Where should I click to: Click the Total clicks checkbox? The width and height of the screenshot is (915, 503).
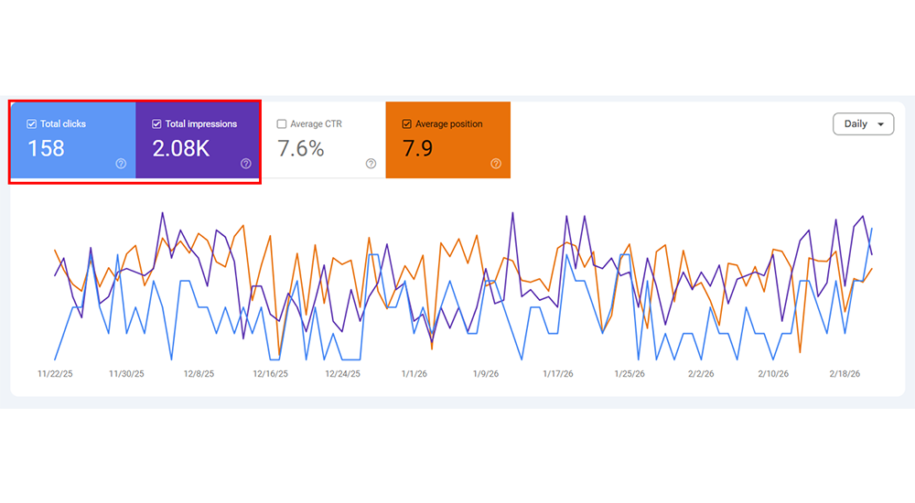[x=32, y=123]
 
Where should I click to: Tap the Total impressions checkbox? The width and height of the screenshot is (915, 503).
[x=157, y=123]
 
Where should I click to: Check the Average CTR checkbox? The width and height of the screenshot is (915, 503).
[x=282, y=123]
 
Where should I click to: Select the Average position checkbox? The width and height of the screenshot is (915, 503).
[x=407, y=123]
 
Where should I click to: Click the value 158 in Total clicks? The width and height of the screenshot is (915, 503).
[x=46, y=148]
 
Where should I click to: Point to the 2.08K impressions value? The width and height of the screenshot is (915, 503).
[x=181, y=148]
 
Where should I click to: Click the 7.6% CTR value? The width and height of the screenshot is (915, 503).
[x=301, y=148]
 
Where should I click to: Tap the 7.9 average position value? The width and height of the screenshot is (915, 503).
[x=418, y=148]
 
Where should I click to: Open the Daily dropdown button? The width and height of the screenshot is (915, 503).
[x=863, y=123]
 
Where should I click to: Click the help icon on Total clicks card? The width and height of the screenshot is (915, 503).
[x=121, y=164]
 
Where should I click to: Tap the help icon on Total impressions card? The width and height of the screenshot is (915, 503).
[x=246, y=164]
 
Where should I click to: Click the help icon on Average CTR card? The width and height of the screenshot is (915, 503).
[x=371, y=164]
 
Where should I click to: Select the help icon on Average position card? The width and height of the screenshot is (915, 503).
[x=496, y=164]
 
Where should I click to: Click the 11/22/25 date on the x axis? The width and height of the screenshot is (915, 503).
[x=55, y=374]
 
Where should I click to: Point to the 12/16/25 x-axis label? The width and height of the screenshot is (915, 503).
[x=270, y=374]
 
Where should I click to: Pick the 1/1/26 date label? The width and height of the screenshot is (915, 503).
[x=414, y=374]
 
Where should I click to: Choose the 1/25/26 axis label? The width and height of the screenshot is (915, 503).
[x=630, y=374]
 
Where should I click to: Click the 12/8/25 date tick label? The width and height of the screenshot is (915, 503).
[x=199, y=374]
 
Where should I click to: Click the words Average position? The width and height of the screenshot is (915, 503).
[x=448, y=123]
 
